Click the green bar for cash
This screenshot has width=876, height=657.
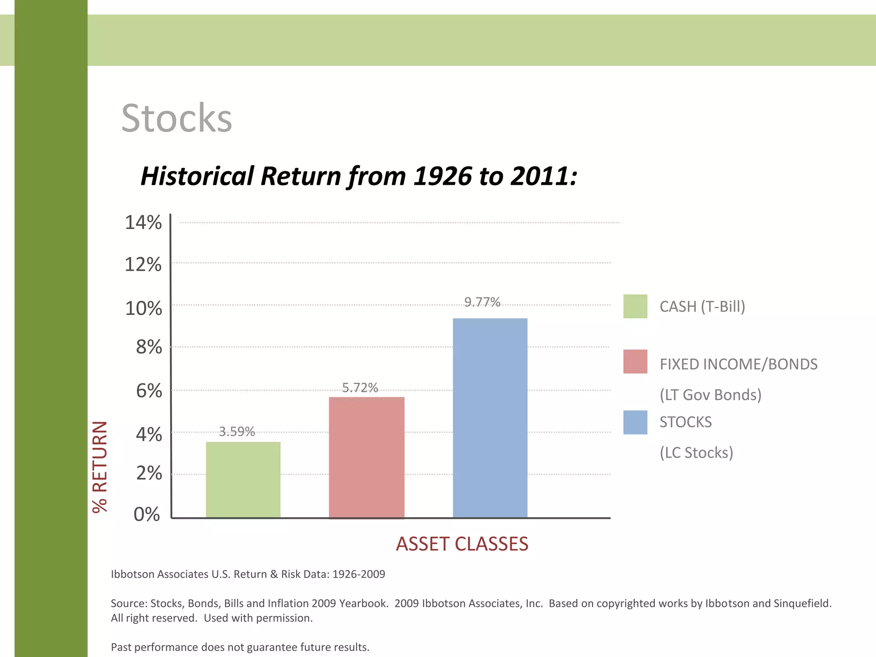coord(243,479)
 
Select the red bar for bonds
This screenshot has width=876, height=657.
coord(367,457)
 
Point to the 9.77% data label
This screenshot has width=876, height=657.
coord(482,302)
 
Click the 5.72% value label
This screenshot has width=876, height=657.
coord(360,388)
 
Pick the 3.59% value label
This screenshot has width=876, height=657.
coord(237,431)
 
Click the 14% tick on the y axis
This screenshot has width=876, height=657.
coord(143,222)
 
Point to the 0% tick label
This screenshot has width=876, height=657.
coord(147,514)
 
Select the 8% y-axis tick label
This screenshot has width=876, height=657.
coord(149,347)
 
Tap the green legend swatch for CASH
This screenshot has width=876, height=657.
coord(635,306)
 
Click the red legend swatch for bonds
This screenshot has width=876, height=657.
coord(635,361)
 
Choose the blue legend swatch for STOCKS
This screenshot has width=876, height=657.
coord(635,422)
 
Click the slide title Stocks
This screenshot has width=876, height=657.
coord(176,118)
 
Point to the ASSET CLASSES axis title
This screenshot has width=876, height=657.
coord(462,544)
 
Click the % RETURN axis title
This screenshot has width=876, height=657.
coord(100,467)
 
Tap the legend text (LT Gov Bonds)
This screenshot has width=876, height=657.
coord(710,394)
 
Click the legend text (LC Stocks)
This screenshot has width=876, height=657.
coord(696,452)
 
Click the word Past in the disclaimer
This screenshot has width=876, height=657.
coord(121,647)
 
